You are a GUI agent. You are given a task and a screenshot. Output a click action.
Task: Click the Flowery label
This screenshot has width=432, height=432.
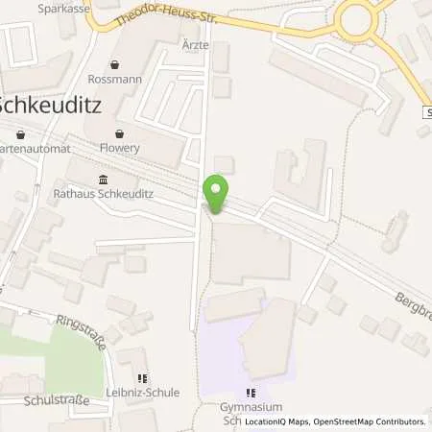click(120, 149)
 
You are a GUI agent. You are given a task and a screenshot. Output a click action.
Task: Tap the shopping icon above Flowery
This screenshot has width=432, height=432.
click(120, 133)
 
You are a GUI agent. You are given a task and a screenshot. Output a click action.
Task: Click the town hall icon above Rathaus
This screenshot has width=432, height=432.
click(103, 179)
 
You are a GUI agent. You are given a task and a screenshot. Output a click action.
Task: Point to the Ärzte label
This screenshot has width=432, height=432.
click(197, 46)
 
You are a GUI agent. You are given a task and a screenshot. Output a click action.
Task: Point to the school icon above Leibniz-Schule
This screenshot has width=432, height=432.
click(143, 378)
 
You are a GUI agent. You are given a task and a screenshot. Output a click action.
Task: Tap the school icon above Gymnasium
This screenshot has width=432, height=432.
click(251, 392)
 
